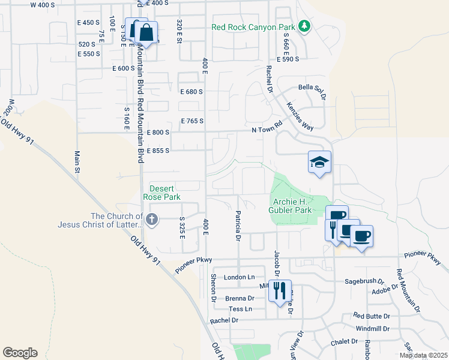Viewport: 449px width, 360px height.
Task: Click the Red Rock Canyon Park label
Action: [x=253, y=27]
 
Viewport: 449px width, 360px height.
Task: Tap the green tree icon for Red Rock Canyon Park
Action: [x=305, y=26]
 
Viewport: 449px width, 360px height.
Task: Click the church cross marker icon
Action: [x=151, y=220]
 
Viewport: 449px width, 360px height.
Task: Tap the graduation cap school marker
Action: [x=320, y=161]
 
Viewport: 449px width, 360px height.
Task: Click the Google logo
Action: [x=20, y=353]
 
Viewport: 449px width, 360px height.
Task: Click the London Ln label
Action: [x=239, y=277]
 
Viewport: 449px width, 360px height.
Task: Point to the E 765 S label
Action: [x=191, y=121]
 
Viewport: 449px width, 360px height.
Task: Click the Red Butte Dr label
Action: [x=372, y=316]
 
